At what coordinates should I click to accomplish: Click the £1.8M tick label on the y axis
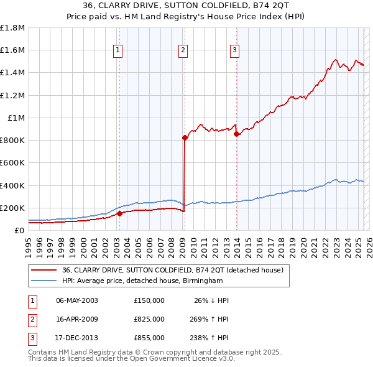12,28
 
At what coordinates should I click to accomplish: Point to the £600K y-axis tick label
12,162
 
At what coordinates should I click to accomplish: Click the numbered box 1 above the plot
118,51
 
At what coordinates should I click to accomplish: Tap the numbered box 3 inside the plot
235,51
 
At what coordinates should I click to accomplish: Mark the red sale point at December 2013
236,134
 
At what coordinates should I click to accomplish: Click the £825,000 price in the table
149,318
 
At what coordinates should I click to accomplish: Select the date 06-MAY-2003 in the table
77,300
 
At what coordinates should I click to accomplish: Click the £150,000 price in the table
149,300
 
